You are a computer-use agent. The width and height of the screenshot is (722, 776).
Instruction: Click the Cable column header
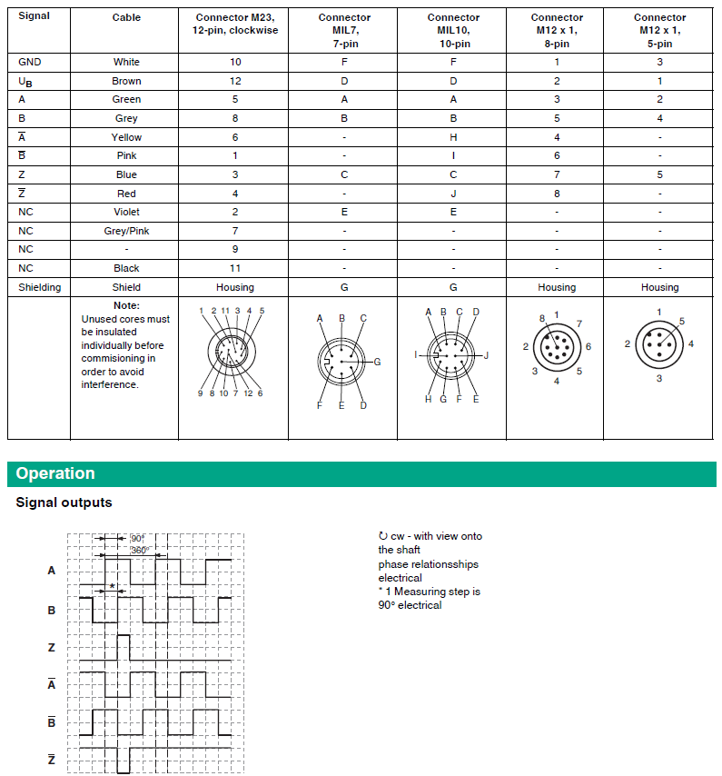coord(126,17)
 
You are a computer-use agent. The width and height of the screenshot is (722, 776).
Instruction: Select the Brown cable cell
coord(126,81)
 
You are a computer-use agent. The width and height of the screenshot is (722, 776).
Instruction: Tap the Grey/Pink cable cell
coord(126,231)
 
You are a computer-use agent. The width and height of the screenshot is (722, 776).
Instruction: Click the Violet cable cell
coord(126,212)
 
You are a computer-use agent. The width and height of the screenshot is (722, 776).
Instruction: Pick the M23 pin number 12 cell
coord(234,81)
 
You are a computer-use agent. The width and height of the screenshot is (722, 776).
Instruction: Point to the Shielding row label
coord(40,287)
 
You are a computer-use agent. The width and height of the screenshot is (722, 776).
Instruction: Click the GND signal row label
coord(30,62)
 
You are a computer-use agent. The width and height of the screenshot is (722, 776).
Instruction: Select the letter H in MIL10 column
coord(453,137)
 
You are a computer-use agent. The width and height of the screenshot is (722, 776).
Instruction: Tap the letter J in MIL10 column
coord(453,194)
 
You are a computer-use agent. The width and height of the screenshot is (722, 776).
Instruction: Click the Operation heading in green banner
coord(55,473)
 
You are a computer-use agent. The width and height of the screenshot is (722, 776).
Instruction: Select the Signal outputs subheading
coord(64,502)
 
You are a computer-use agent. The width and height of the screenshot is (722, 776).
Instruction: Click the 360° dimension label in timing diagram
coord(139,551)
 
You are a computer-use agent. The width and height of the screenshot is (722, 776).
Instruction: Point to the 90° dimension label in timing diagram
coord(138,538)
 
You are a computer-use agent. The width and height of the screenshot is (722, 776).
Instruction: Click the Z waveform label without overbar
coord(52,648)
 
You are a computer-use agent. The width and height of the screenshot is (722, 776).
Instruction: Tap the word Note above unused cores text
coord(126,306)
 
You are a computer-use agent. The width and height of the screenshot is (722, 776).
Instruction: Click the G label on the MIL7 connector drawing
coord(377,362)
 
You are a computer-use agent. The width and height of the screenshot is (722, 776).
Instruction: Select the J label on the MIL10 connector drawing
coord(486,355)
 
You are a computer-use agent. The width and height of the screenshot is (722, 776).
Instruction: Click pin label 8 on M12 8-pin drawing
coord(541,319)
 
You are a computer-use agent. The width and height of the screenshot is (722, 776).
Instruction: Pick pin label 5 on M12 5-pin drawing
coord(681,322)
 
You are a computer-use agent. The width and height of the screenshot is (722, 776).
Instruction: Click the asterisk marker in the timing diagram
coord(112,586)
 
